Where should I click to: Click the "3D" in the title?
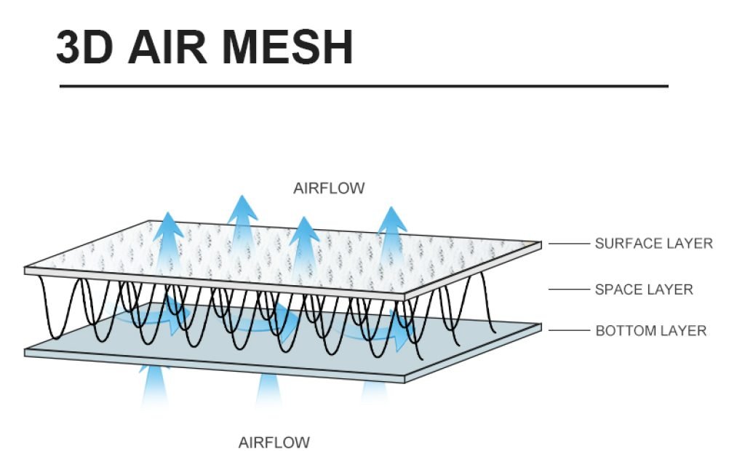click(x=84, y=47)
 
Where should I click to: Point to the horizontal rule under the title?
click(x=363, y=87)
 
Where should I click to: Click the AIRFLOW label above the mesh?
click(x=329, y=189)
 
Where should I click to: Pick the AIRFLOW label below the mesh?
click(x=274, y=442)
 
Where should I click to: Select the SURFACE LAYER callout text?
click(x=653, y=244)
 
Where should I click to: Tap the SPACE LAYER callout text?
click(x=644, y=290)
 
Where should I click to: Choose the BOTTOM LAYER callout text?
click(x=651, y=331)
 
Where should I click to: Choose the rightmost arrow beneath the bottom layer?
click(x=375, y=393)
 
